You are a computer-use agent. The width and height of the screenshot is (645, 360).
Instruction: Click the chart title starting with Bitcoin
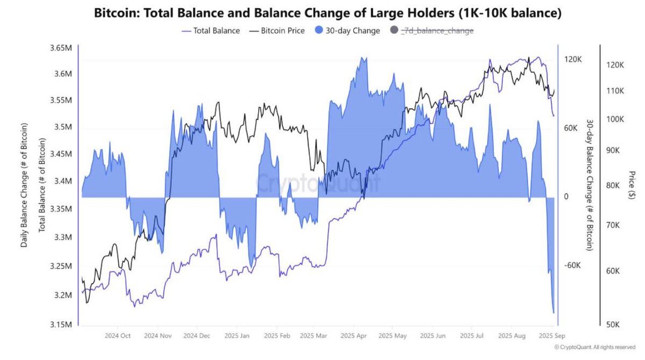327,13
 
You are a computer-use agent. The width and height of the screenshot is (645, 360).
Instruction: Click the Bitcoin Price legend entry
277,31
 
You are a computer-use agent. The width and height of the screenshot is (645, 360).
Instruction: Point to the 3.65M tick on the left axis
59,48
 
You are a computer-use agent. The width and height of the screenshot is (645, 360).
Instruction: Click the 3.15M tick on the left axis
59,325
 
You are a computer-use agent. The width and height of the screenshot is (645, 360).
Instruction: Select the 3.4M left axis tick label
61,181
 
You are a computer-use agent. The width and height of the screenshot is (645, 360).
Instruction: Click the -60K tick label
573,265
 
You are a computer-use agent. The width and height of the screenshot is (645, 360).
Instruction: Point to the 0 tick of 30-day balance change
565,197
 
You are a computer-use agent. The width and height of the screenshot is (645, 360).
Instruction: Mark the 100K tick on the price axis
613,119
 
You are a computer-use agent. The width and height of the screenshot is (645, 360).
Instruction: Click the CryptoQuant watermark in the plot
318,183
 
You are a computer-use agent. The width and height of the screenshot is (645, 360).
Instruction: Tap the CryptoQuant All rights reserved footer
597,348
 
